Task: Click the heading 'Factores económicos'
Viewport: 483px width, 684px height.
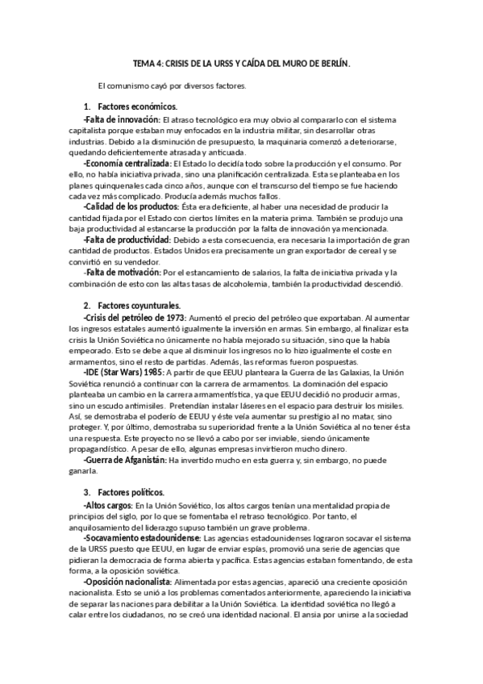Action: click(x=137, y=107)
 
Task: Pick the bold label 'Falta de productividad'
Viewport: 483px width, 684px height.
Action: click(x=127, y=240)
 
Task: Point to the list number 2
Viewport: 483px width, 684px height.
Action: click(x=86, y=306)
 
